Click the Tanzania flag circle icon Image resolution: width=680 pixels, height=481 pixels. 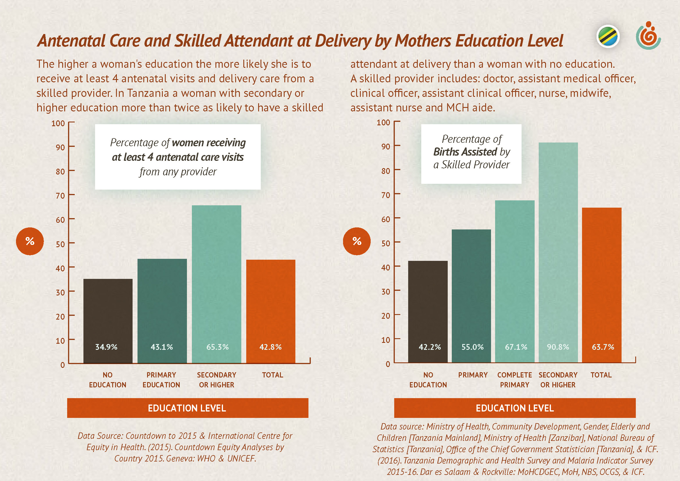pyautogui.click(x=608, y=37)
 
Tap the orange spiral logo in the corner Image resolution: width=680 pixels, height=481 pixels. pyautogui.click(x=648, y=36)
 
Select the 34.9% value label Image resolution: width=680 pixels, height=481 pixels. pyautogui.click(x=106, y=347)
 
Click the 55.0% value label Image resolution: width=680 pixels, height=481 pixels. pyautogui.click(x=472, y=347)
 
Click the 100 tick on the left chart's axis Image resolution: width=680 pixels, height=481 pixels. pyautogui.click(x=58, y=123)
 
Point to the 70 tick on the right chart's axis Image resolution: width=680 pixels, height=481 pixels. pyautogui.click(x=385, y=195)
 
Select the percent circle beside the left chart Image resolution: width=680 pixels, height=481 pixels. pyautogui.click(x=30, y=241)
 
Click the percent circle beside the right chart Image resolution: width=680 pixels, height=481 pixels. pyautogui.click(x=357, y=241)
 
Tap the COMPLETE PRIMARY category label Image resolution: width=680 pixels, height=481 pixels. pyautogui.click(x=515, y=380)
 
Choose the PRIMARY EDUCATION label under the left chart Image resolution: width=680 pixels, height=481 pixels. pyautogui.click(x=161, y=380)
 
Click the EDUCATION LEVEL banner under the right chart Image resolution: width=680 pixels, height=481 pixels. pyautogui.click(x=515, y=408)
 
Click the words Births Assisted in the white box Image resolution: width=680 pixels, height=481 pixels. pyautogui.click(x=465, y=152)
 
